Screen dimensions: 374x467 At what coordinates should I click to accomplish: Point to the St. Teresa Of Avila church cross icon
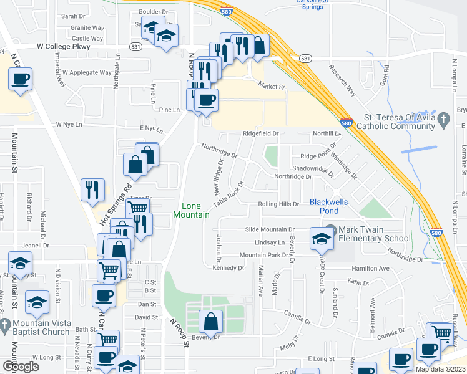[x=444, y=120]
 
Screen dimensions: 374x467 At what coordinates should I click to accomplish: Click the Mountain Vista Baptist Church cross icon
[x=5, y=324]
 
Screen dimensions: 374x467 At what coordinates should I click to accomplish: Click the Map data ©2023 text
[x=441, y=369]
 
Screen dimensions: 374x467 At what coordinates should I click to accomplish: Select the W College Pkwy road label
[x=63, y=46]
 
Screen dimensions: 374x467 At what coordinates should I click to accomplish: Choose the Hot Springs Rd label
[x=117, y=205]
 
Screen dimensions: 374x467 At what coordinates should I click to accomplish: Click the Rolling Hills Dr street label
[x=283, y=204]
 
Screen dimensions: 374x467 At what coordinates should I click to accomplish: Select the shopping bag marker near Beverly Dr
[x=211, y=322]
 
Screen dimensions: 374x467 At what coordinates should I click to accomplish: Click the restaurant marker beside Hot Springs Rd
[x=94, y=189]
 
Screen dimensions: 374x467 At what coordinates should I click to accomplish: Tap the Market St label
[x=272, y=87]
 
